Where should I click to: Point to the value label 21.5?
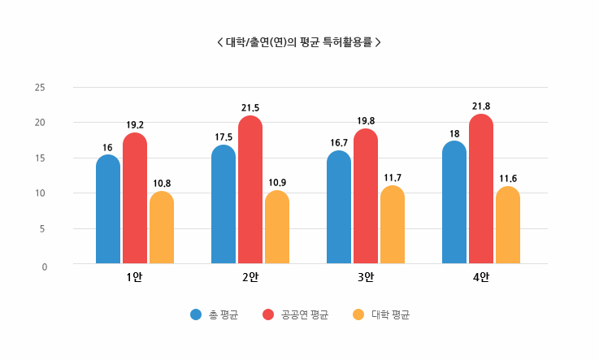[x=250, y=107]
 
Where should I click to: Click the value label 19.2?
[x=135, y=125]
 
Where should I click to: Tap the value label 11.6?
[x=508, y=178]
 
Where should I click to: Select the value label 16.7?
[x=339, y=142]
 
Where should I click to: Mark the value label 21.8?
[x=481, y=106]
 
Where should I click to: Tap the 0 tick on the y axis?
[x=45, y=266]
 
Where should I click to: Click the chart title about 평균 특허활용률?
[x=299, y=41]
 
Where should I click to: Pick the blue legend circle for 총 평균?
[x=196, y=314]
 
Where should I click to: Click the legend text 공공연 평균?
[x=305, y=314]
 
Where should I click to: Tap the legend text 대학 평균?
[x=390, y=314]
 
